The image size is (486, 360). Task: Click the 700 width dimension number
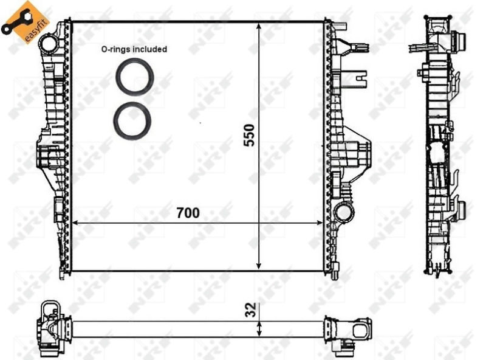[188, 213]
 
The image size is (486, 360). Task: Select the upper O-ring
[134, 77]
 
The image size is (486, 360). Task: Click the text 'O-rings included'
[134, 49]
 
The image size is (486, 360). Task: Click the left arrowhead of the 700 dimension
[76, 223]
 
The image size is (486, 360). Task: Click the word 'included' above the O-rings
[152, 49]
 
